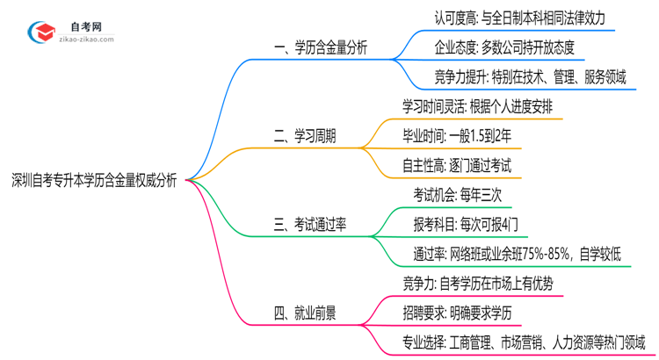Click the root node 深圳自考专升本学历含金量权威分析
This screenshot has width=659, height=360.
coord(94,181)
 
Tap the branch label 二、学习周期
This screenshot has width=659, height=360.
coord(304,136)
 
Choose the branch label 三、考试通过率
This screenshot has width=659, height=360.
coord(309,225)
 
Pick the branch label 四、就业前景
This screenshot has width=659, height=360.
coord(304,313)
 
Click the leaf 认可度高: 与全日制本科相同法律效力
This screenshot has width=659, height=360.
coord(519,18)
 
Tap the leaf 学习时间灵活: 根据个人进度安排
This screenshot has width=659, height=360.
coord(477,106)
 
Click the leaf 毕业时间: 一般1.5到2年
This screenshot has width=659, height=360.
coord(457,136)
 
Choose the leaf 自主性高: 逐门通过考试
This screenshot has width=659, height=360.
coord(457,165)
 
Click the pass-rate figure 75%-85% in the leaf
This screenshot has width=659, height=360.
coord(542,255)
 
